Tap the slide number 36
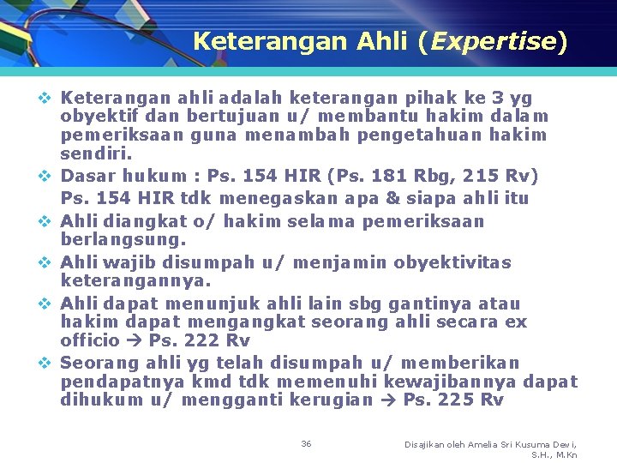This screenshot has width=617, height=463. point(306,443)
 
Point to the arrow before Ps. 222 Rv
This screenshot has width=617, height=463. point(134,340)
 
